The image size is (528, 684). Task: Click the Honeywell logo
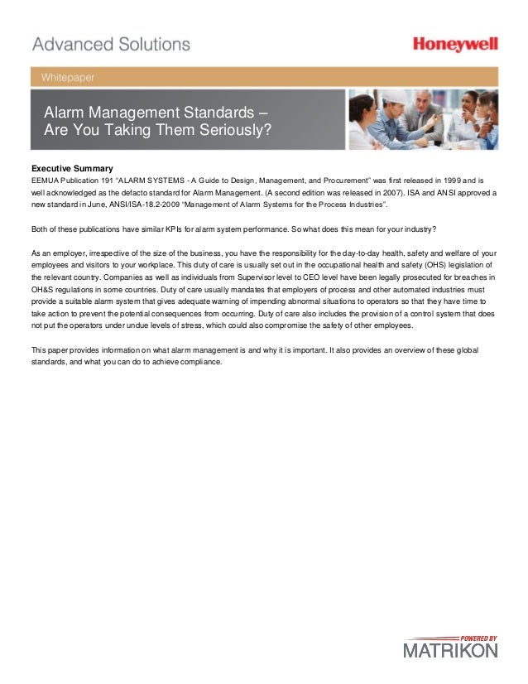click(455, 46)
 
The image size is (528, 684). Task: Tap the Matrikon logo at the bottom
click(450, 651)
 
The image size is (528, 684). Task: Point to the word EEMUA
click(46, 179)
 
